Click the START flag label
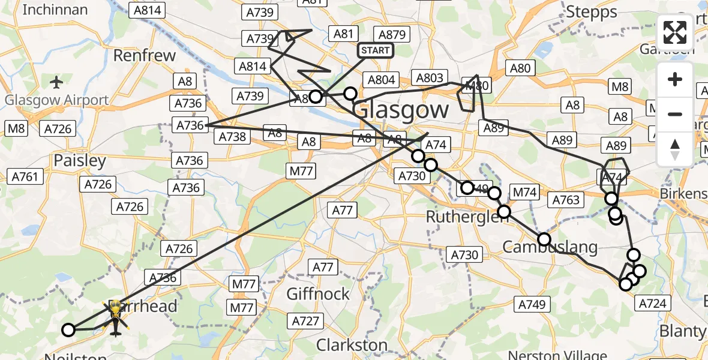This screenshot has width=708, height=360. coord(376,50)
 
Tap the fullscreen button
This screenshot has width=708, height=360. coord(675,32)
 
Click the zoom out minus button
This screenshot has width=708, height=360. coord(675,114)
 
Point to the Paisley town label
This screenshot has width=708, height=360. coord(80,161)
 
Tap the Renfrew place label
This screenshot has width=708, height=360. coord(145,56)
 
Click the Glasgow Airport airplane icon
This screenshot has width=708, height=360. coord(56,82)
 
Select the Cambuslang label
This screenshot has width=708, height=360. coord(550,247)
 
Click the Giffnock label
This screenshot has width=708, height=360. coord(318,294)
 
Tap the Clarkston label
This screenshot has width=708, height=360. coord(352,345)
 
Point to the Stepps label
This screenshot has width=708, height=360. coord(592,12)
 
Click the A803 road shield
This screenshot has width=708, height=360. coord(430,78)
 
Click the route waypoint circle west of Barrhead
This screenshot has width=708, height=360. coord(68,329)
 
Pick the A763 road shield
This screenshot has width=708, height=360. coord(566,200)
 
